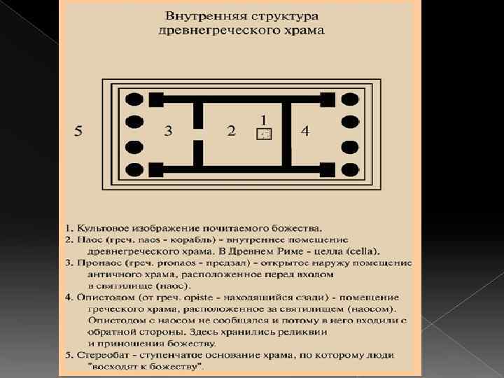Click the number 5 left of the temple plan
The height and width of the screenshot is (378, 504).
pos(79,131)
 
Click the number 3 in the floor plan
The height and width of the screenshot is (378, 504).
pos(168,130)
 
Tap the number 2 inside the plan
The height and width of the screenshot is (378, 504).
pos(231,131)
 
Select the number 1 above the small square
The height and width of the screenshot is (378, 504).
pos(263,120)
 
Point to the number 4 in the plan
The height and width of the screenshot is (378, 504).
pos(304,131)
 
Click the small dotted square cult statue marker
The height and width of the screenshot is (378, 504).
pos(264,134)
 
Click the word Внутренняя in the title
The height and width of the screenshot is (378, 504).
pos(199,15)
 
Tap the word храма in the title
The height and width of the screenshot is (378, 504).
pos(306,31)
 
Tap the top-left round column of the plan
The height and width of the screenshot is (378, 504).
pos(133,101)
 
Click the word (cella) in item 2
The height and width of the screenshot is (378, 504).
pos(363,251)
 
